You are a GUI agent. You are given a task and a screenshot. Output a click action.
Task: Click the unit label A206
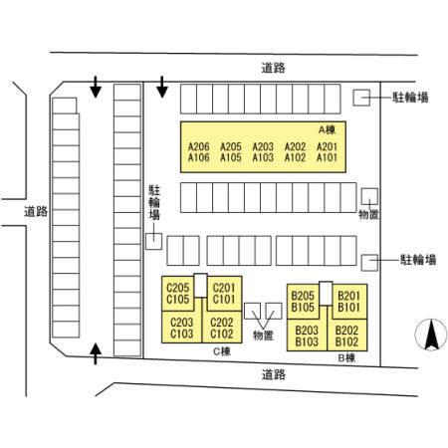point(199,146)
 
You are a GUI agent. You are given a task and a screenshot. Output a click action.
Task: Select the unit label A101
point(327,157)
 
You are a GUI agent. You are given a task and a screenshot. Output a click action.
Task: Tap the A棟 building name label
point(327,130)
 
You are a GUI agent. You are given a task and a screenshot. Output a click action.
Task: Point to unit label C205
point(177,288)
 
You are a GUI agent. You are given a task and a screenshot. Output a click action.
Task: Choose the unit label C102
point(222,334)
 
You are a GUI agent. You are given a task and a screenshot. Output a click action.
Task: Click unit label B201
point(348,296)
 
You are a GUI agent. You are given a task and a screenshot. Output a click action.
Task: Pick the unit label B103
point(307,341)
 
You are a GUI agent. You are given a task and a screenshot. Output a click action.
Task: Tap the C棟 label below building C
point(222,351)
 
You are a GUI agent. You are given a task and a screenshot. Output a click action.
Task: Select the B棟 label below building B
point(346,358)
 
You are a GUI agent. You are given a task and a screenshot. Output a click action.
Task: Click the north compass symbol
point(431,335)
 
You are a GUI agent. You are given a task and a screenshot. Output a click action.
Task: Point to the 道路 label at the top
point(273,68)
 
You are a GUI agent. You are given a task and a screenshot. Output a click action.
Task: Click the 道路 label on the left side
point(36,212)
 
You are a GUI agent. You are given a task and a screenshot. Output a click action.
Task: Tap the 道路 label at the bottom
point(274,374)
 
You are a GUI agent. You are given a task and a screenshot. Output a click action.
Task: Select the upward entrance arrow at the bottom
point(96,353)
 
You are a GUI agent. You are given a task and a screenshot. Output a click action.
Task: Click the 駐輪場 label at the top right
point(410,98)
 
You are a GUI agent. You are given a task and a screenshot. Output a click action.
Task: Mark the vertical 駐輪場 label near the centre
point(154,202)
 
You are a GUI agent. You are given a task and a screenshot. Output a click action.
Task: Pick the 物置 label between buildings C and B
point(263,336)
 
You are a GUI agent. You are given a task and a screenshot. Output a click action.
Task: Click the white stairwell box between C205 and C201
point(201,286)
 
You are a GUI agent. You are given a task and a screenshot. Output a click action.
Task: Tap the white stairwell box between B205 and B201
point(326,294)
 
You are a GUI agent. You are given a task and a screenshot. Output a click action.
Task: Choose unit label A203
point(263,146)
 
